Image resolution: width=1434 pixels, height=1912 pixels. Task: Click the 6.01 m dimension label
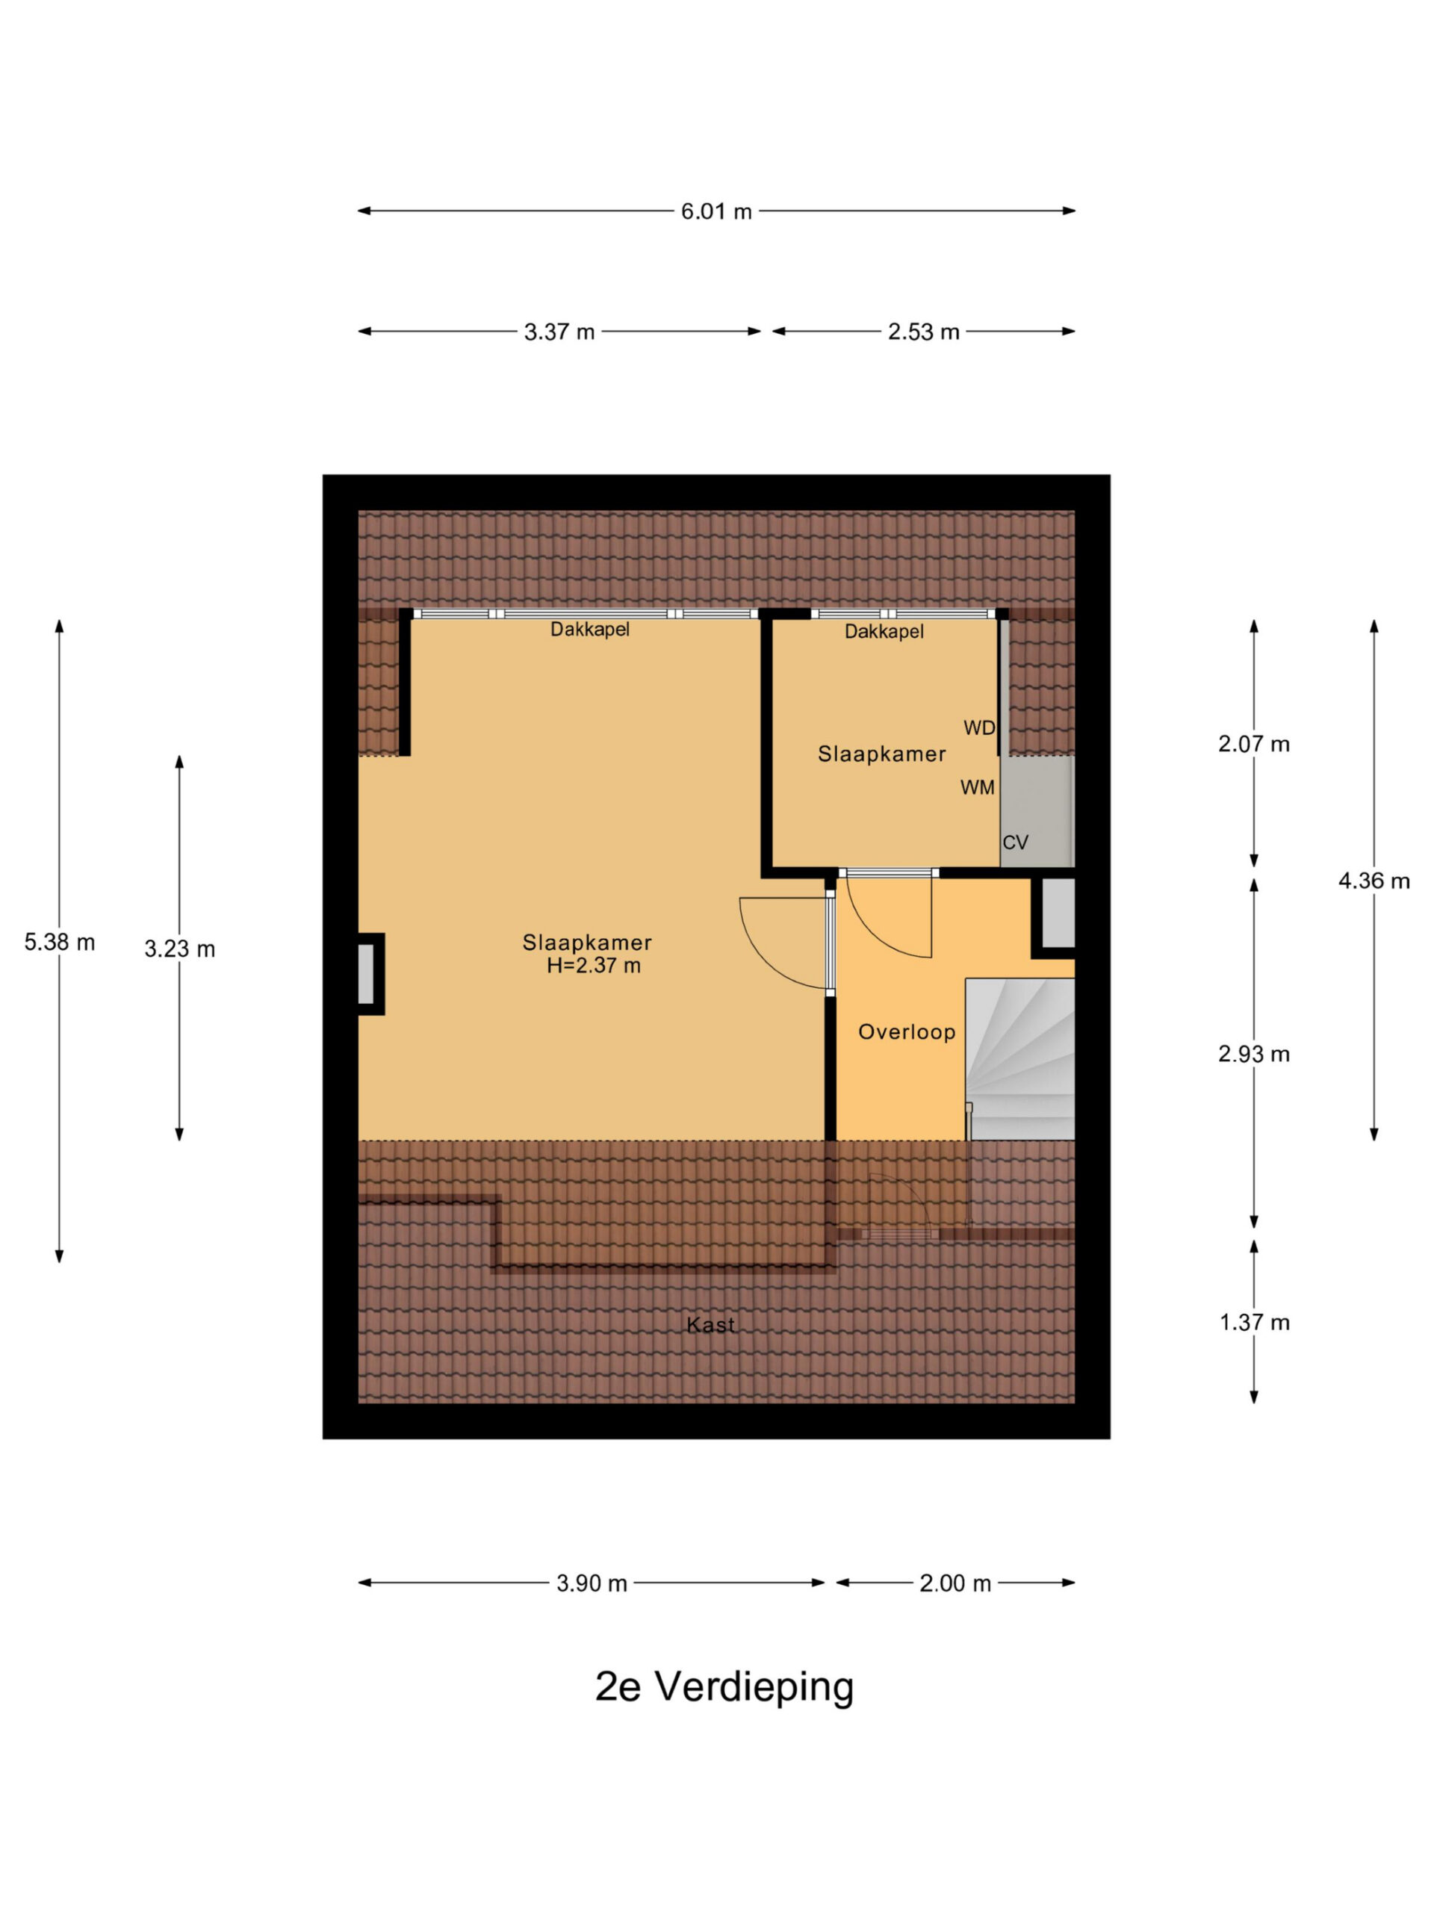click(x=716, y=211)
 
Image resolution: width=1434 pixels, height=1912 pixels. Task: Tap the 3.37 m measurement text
click(x=559, y=332)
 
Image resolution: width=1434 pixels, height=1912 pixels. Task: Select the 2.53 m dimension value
click(x=923, y=332)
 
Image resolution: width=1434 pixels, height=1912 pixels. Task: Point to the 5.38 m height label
click(x=60, y=942)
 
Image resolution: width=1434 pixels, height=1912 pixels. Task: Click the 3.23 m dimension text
click(x=180, y=949)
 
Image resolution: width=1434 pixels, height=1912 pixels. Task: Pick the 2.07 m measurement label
click(x=1253, y=744)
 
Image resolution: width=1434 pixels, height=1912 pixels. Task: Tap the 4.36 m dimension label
click(x=1374, y=881)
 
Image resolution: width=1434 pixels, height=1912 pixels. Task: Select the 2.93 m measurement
click(x=1253, y=1054)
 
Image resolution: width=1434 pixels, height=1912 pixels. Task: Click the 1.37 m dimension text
click(x=1253, y=1323)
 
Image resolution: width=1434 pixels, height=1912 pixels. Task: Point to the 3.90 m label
click(x=592, y=1583)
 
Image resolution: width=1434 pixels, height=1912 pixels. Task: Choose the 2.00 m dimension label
click(x=955, y=1583)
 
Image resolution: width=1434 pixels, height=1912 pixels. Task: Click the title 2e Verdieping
click(x=724, y=1687)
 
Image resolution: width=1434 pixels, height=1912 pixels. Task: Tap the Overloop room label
click(x=907, y=1032)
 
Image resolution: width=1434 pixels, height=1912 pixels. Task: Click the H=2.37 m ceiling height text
click(x=594, y=966)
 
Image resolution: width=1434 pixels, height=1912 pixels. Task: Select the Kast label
click(x=710, y=1325)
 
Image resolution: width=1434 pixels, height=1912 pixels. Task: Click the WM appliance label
click(x=978, y=787)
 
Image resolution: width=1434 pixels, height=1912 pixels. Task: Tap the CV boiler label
click(x=1016, y=842)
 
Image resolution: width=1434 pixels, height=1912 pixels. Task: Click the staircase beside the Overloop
click(x=1020, y=1059)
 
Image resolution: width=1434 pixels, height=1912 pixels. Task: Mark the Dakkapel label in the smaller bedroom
click(x=884, y=632)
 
